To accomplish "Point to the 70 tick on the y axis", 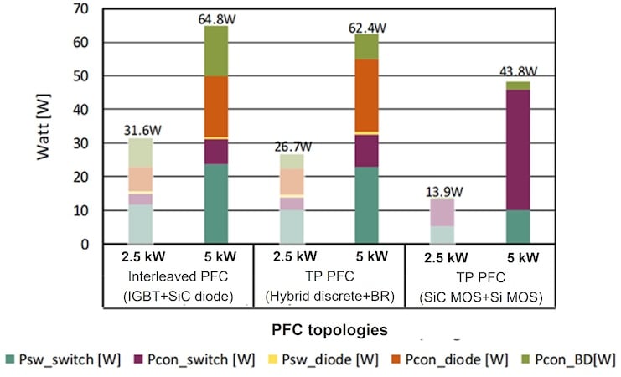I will [x=81, y=8].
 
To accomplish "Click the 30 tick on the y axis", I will [x=81, y=143].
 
